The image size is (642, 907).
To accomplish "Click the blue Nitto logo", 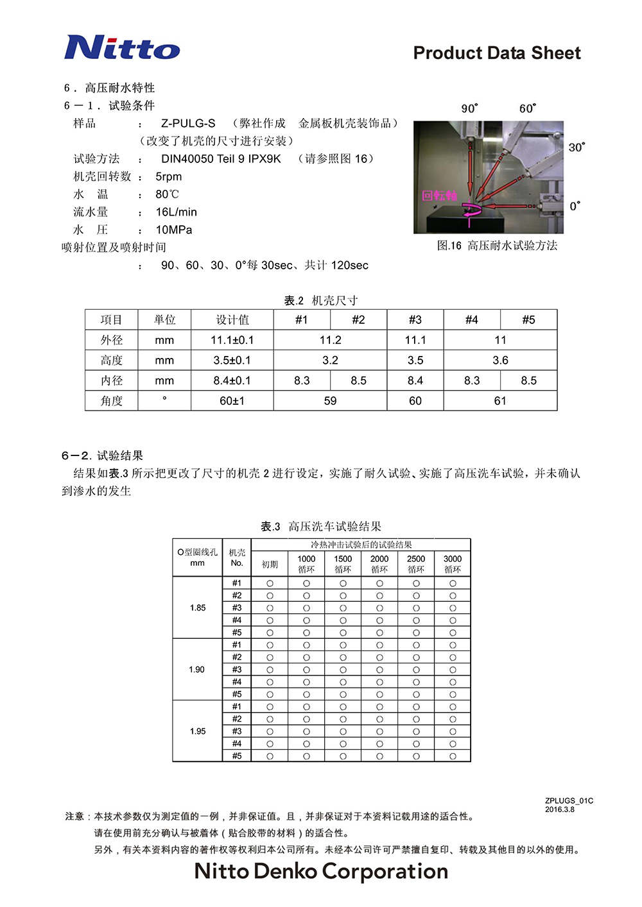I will [x=122, y=47].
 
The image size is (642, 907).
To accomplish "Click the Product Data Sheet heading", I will [x=497, y=53].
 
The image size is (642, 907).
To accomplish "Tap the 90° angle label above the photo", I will [x=469, y=108].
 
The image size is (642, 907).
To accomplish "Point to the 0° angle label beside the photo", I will [x=575, y=206].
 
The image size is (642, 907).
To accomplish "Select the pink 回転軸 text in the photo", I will [x=439, y=196].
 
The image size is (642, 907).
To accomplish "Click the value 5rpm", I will [x=169, y=176].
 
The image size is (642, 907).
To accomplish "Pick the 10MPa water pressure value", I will [x=174, y=230].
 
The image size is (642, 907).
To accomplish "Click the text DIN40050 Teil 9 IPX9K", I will [x=221, y=158].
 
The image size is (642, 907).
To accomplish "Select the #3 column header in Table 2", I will [x=415, y=319].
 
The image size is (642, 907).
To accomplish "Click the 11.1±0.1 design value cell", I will [x=232, y=340].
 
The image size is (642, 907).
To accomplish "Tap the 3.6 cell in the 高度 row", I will [x=500, y=360].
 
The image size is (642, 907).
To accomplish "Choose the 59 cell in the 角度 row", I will [x=330, y=401].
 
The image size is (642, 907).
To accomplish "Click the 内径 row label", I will [x=111, y=380].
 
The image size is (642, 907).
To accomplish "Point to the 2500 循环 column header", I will [x=416, y=564].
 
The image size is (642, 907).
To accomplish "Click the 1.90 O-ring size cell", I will [x=197, y=670].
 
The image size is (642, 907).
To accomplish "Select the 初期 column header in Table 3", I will [x=270, y=564].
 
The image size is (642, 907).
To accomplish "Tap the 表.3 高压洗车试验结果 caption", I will [x=321, y=527].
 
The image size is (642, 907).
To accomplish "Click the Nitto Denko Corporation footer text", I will [x=321, y=871].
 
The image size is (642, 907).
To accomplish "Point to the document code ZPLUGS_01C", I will [x=569, y=801].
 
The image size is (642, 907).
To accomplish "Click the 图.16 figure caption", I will [x=497, y=246].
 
